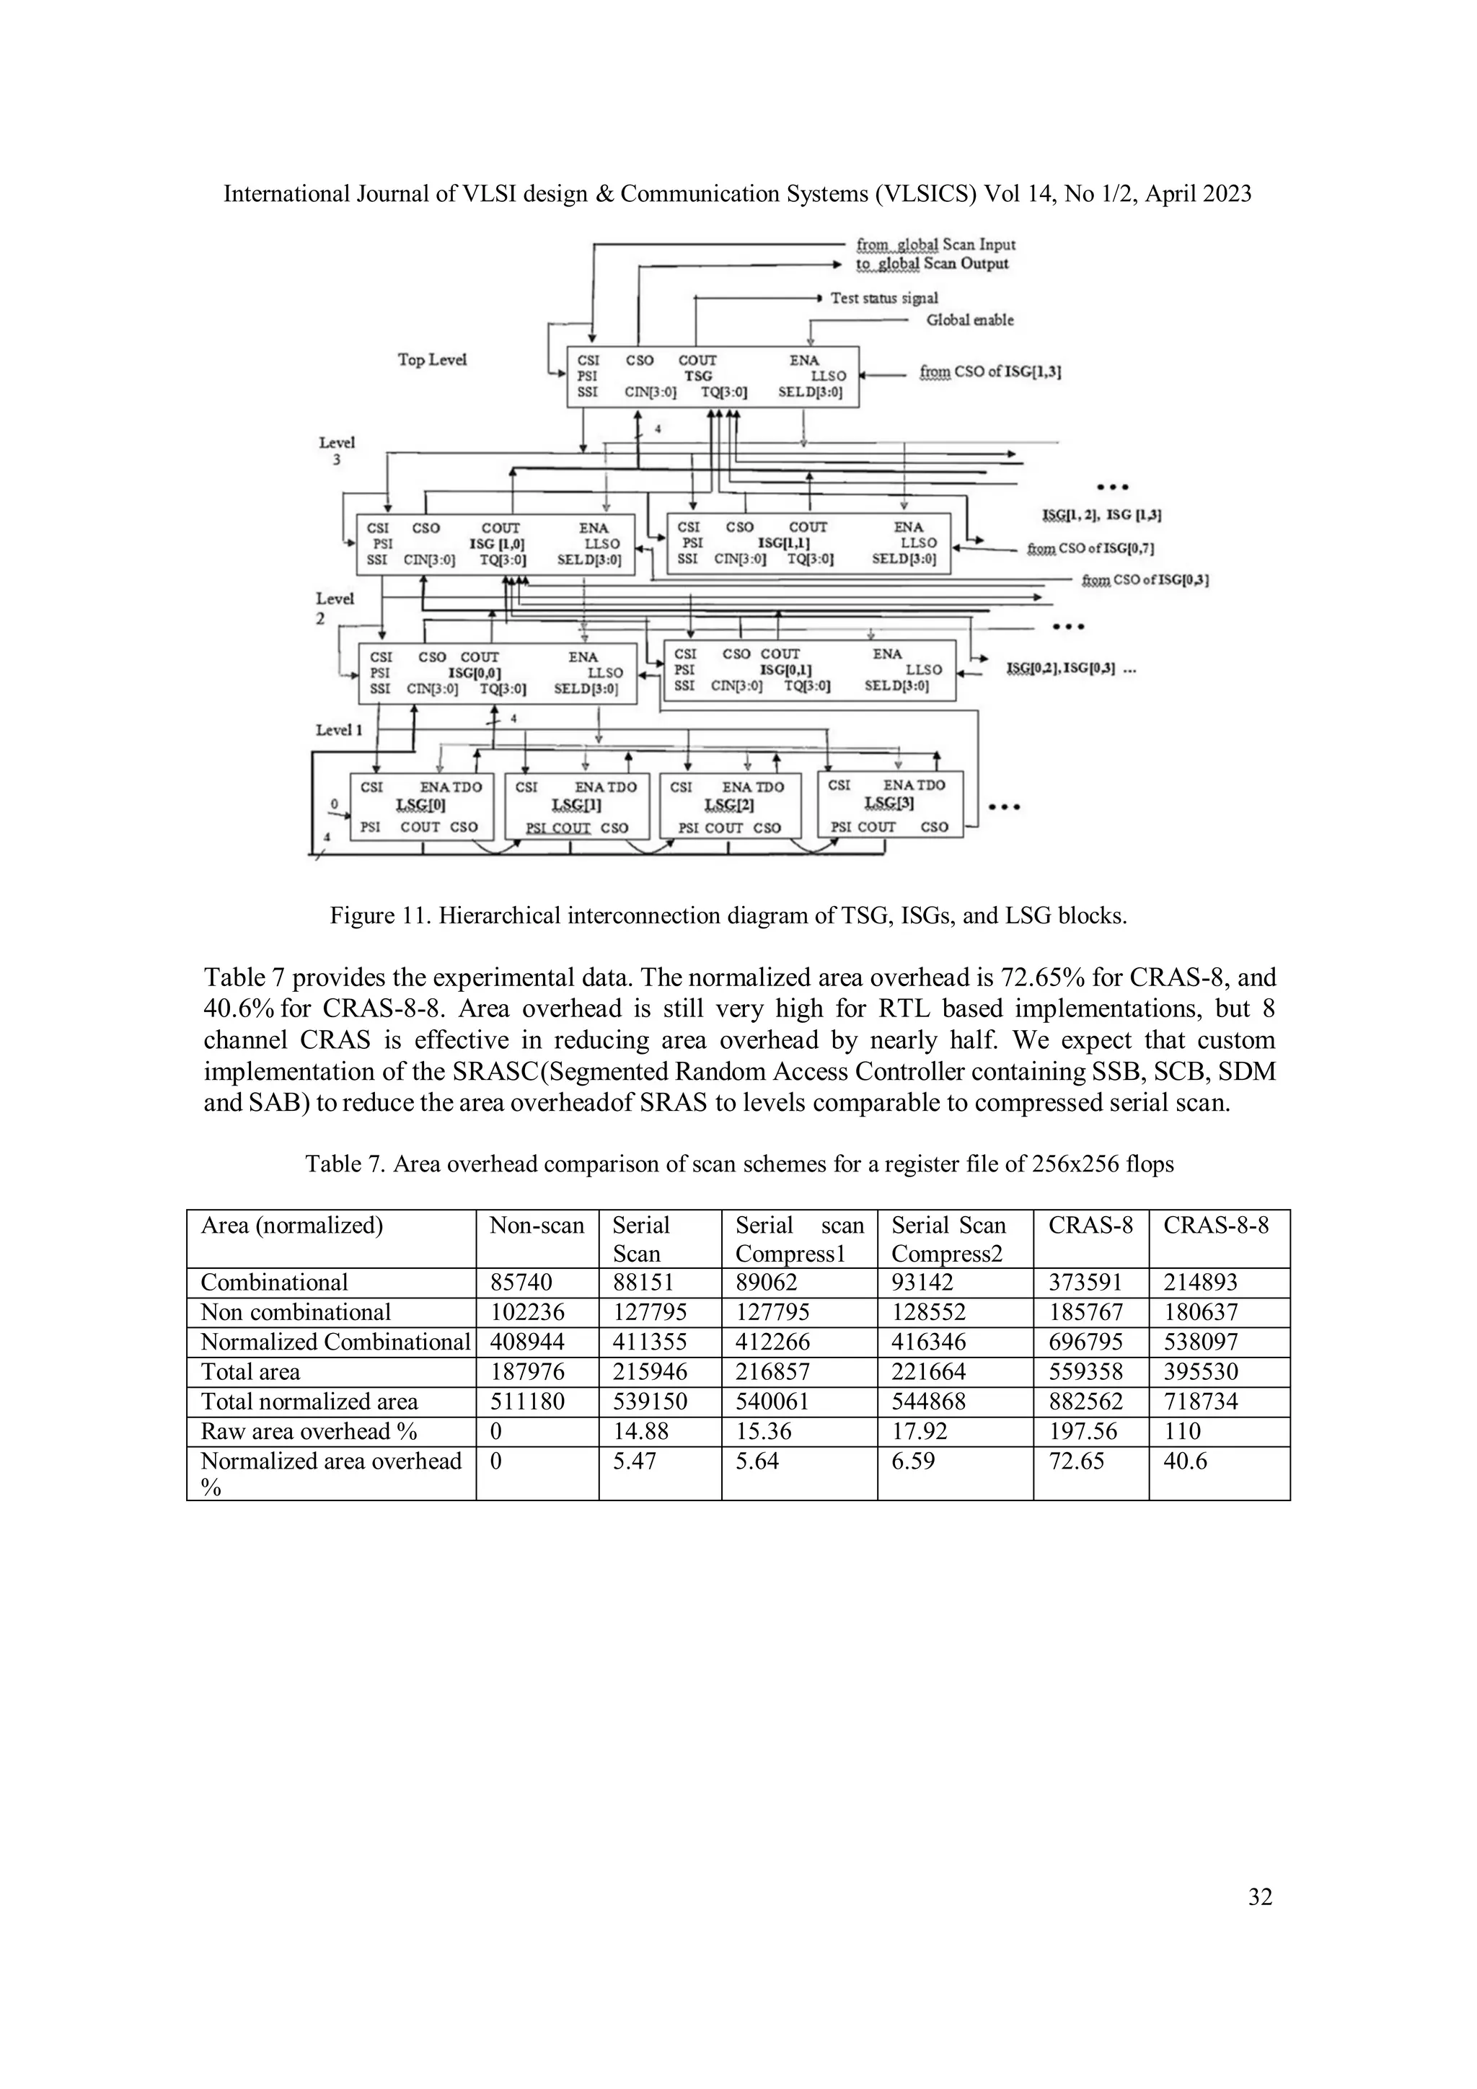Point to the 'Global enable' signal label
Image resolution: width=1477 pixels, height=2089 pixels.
[969, 320]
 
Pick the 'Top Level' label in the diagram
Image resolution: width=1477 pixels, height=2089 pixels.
[432, 359]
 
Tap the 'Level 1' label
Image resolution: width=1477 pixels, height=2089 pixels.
[339, 730]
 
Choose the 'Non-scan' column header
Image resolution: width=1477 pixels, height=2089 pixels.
[537, 1226]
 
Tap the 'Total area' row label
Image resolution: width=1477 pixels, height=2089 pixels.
[250, 1372]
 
